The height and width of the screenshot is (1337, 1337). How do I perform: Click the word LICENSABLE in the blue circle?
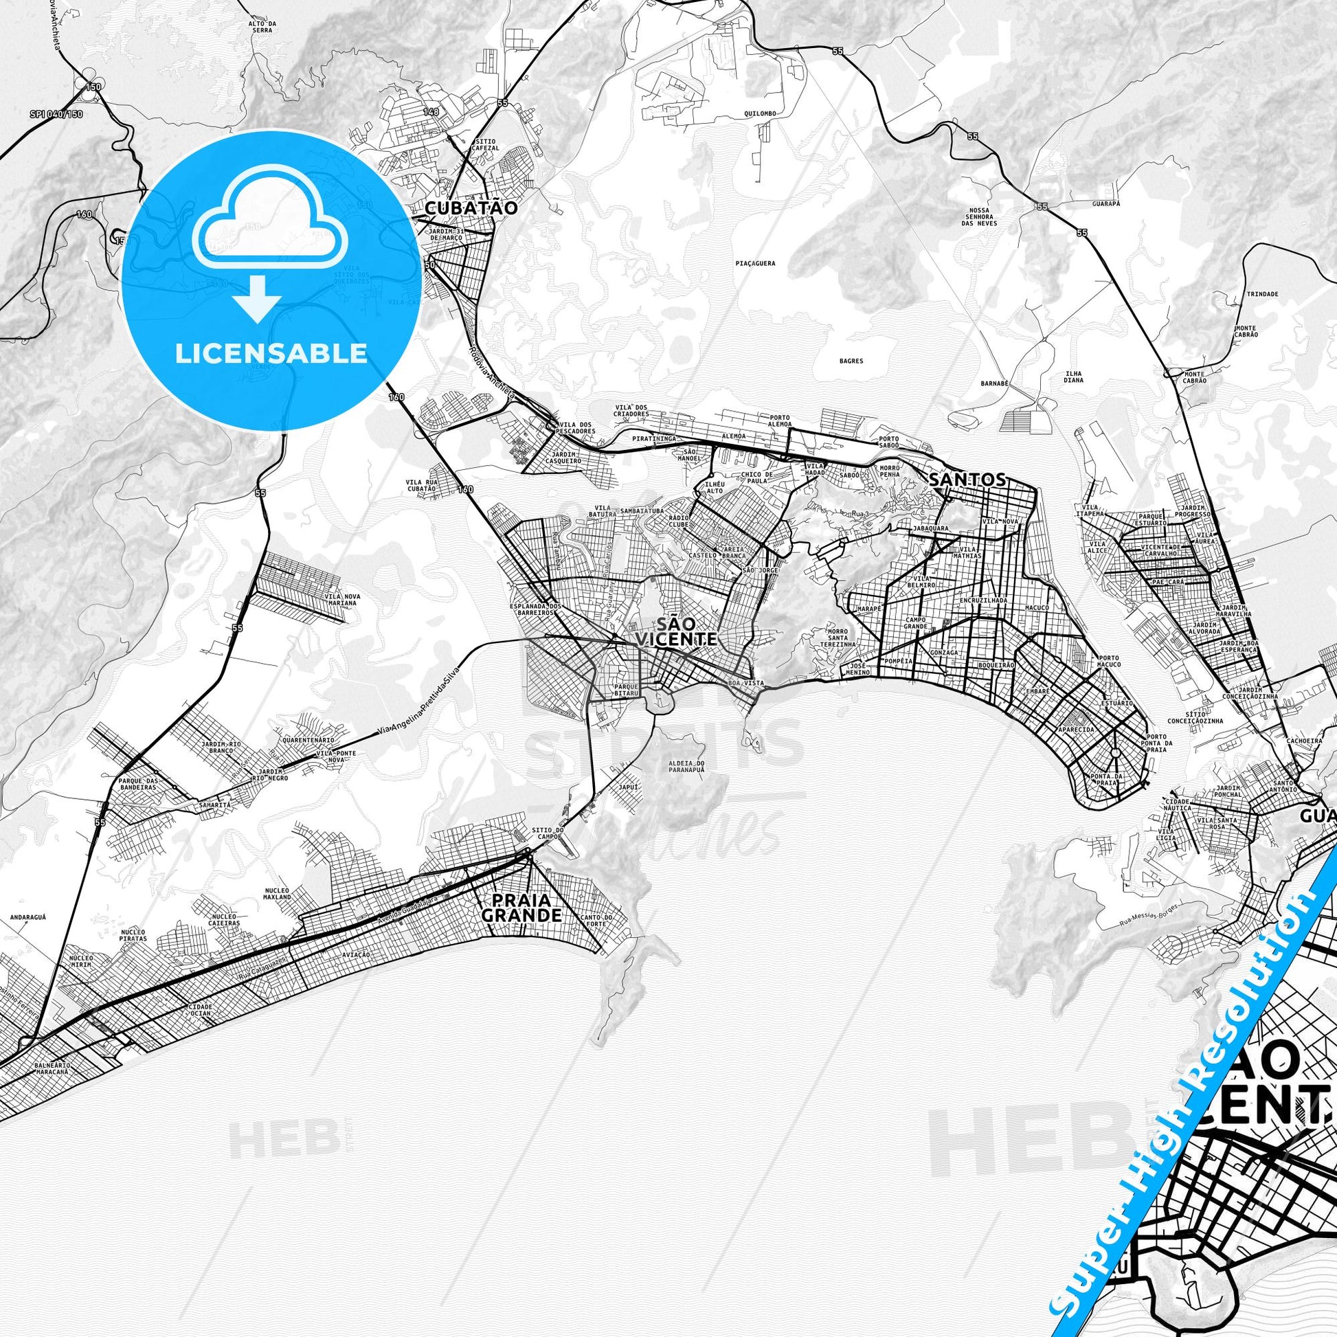point(271,353)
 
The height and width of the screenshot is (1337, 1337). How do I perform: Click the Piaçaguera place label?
point(756,264)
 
